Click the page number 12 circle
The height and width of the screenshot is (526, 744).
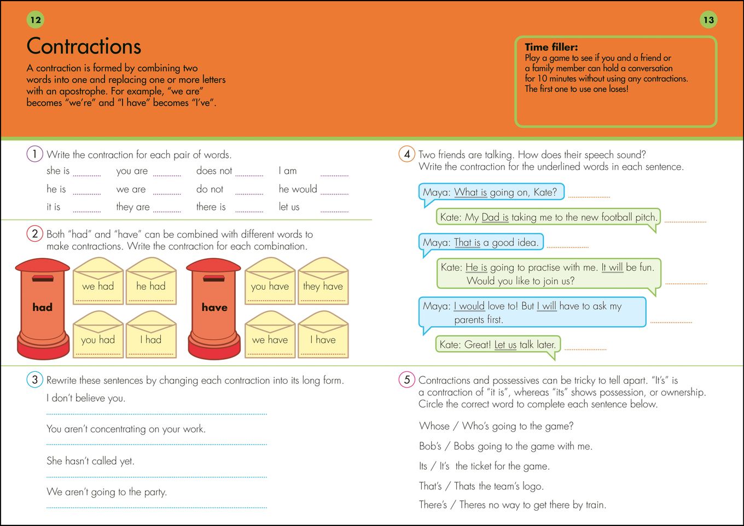[36, 20]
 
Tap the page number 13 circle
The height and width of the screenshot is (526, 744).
[708, 20]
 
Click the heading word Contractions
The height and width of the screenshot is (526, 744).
[84, 46]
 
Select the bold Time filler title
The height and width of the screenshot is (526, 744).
[551, 47]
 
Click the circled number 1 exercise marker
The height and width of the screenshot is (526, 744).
[34, 154]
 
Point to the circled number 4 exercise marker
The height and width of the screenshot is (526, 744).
[406, 154]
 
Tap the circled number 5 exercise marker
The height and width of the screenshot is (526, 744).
[406, 379]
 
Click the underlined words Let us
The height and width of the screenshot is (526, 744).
[505, 344]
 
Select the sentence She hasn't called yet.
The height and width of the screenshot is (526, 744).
[90, 461]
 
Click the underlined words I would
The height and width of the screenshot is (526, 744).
[469, 306]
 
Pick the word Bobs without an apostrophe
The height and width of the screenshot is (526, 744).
[464, 446]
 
